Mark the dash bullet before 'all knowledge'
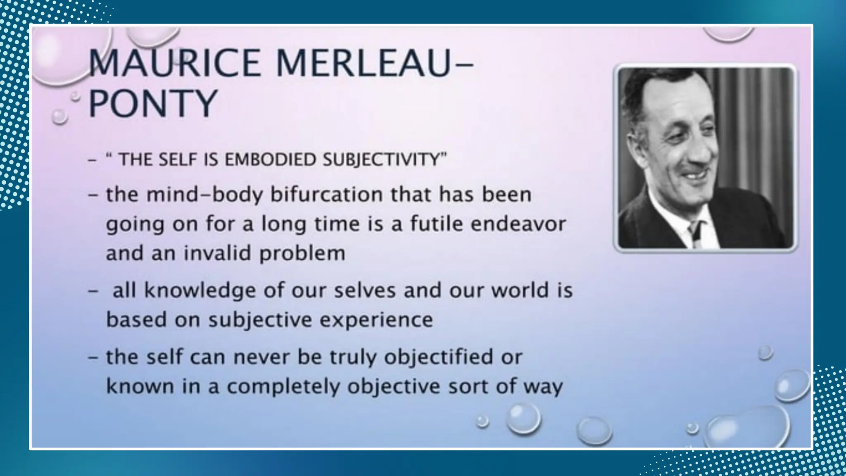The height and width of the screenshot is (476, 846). point(93,291)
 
